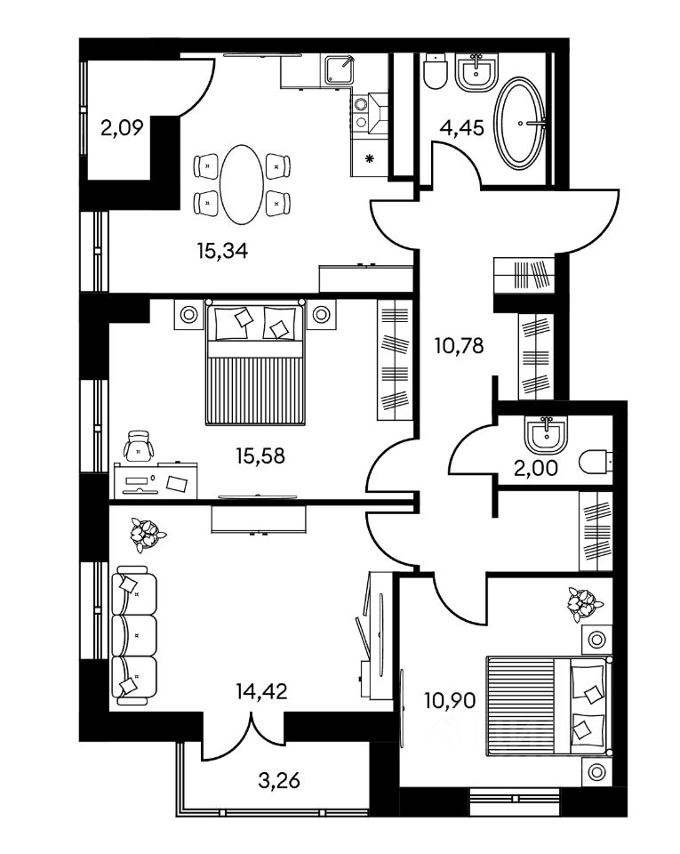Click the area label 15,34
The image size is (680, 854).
pyautogui.click(x=221, y=251)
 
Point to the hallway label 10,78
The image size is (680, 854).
pyautogui.click(x=459, y=345)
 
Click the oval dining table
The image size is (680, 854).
pyautogui.click(x=242, y=185)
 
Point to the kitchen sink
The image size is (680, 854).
pyautogui.click(x=339, y=69)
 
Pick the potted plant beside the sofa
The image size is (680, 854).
pyautogui.click(x=146, y=533)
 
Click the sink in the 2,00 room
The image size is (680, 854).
pyautogui.click(x=541, y=433)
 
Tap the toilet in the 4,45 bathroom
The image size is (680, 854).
pyautogui.click(x=436, y=73)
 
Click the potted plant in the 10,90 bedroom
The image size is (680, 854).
pyautogui.click(x=582, y=604)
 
